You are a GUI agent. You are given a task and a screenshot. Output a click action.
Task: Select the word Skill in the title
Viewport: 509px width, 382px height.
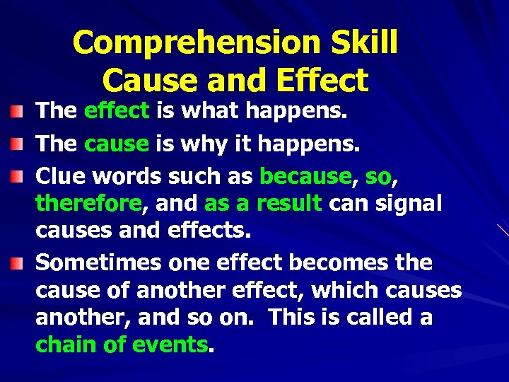coord(363,43)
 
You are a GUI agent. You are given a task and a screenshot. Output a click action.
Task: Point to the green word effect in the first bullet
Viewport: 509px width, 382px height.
coord(116,110)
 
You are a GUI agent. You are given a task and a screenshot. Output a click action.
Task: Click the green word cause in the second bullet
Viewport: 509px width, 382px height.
coord(116,144)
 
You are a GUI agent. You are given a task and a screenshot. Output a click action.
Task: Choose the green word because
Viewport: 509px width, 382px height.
coord(305,175)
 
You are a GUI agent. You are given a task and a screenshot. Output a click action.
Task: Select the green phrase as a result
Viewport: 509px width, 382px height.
coord(263,204)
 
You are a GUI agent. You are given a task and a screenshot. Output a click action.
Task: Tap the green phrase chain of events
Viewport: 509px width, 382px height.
coord(122,345)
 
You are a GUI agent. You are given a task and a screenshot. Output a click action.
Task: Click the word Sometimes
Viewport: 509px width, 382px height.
coord(98,262)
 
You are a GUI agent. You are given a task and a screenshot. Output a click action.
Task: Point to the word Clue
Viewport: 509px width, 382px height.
coord(59,175)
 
